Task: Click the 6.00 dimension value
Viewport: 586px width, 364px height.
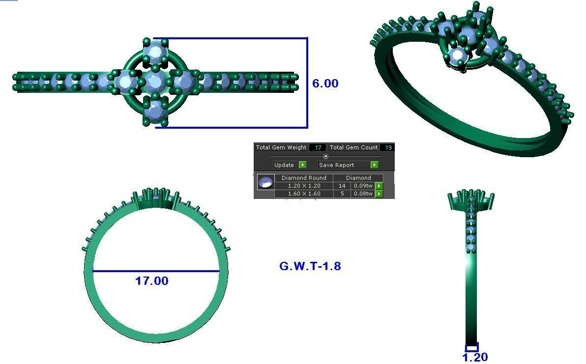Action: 325,84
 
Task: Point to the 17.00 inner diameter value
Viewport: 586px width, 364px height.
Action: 151,281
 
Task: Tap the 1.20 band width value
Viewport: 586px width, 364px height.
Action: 475,357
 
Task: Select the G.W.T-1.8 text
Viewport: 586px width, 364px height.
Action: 310,266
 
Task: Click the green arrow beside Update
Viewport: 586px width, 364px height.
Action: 302,165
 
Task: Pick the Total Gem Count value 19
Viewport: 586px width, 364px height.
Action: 388,147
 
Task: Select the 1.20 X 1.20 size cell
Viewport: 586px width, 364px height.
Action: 304,186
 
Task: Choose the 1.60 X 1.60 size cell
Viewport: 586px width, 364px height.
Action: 304,194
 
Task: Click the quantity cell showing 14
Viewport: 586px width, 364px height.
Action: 342,186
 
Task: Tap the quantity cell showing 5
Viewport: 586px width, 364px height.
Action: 342,194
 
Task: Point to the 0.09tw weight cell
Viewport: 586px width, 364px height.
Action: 363,186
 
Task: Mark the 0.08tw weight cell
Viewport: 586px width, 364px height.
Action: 363,194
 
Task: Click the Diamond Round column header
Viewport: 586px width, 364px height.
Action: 304,178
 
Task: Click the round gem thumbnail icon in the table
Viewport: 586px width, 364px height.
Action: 265,183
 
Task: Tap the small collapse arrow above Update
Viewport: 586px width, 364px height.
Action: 325,156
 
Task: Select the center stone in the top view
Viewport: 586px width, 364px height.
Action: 154,82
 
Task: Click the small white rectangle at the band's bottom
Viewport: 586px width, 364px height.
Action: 471,348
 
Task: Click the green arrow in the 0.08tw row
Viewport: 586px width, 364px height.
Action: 379,194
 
